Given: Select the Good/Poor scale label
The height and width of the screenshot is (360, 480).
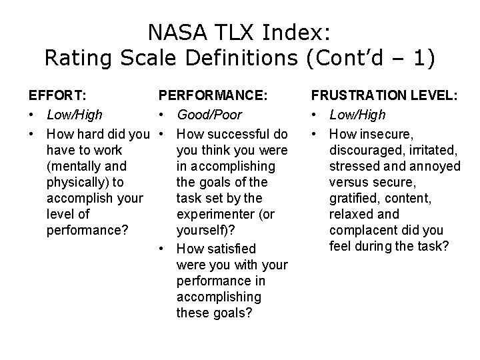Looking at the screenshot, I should [x=209, y=115].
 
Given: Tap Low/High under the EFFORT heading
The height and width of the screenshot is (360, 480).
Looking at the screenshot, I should [x=75, y=115].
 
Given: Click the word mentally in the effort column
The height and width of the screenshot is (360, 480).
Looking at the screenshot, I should [x=78, y=165].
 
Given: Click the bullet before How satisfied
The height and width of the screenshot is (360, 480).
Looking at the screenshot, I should [x=163, y=249].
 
